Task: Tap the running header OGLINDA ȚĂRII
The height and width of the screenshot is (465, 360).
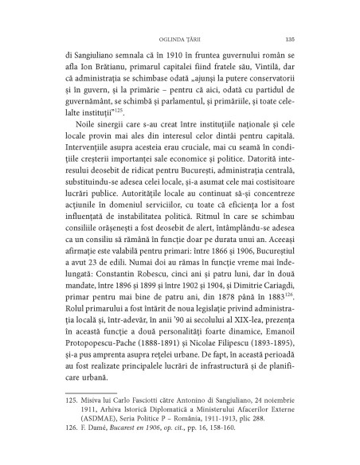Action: coord(180,37)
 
